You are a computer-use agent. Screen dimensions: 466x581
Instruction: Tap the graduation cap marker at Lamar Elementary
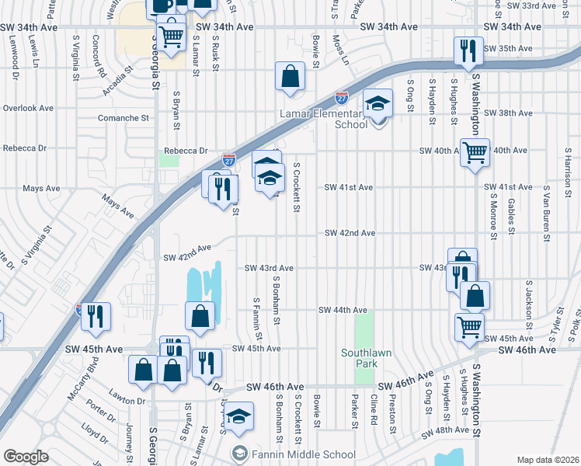[378, 103]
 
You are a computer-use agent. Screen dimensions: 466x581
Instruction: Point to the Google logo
[26, 457]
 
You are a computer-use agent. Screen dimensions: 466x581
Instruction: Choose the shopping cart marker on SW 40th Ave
[475, 152]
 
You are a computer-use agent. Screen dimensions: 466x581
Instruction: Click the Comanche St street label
[123, 118]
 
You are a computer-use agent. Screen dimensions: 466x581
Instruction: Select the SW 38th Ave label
[507, 113]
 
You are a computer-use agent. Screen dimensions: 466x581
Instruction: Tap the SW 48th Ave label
[445, 430]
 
